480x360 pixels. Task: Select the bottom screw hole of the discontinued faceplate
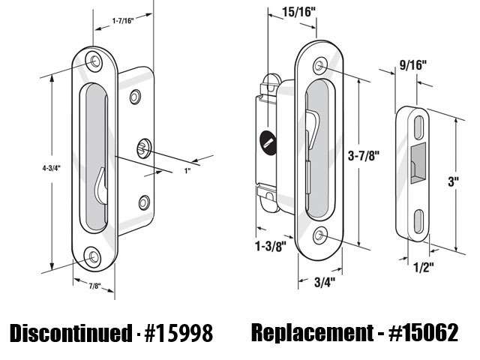pyautogui.click(x=93, y=257)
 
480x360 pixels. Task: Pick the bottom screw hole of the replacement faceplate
pyautogui.click(x=322, y=236)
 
